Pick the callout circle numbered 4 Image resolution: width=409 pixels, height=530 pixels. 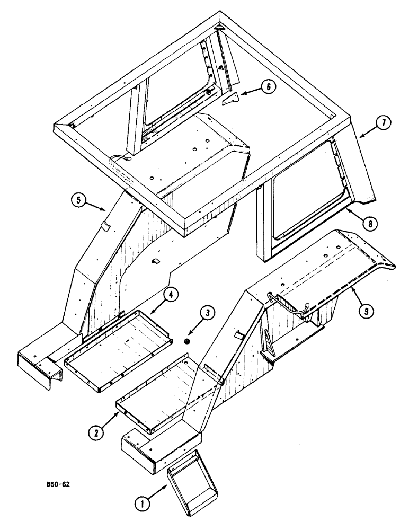tap(171, 294)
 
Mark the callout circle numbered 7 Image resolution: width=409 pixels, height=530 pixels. tap(383, 123)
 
